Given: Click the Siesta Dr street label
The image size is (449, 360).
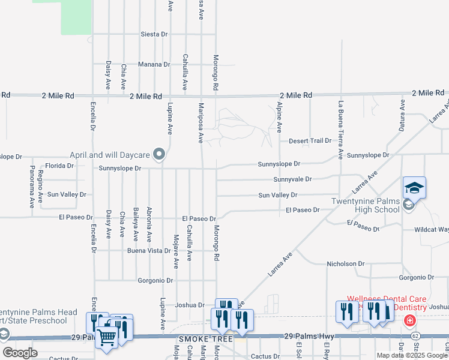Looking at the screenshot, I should [x=154, y=34].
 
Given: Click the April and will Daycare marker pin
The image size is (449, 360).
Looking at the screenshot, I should [x=159, y=155].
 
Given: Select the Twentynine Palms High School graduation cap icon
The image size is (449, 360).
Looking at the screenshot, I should [x=414, y=187].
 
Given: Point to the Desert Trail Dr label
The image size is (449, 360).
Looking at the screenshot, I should [x=310, y=140].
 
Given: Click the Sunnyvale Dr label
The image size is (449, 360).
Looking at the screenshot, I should [x=292, y=179].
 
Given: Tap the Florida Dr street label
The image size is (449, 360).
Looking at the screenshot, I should [x=60, y=165].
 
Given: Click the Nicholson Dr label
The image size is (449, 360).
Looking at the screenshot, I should [x=345, y=263].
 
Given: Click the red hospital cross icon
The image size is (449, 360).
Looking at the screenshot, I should [x=409, y=321].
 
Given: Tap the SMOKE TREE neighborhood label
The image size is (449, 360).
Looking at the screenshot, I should [x=196, y=340].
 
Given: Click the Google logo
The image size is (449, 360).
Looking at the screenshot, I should [x=20, y=352].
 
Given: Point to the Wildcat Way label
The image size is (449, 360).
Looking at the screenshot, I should [x=431, y=230].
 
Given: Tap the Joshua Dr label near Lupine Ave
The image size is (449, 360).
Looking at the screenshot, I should [x=190, y=305].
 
